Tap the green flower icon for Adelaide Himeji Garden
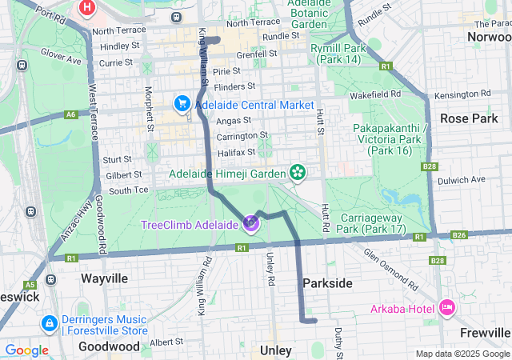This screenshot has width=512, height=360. click(x=298, y=173)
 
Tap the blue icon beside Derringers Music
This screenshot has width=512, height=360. click(x=49, y=323)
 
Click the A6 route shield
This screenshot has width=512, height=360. click(x=71, y=114)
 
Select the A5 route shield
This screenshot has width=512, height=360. click(x=30, y=284)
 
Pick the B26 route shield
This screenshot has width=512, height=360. click(x=458, y=235)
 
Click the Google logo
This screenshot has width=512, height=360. click(x=26, y=350)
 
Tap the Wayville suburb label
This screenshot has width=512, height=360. click(x=105, y=278)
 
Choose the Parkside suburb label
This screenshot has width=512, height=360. click(x=327, y=283)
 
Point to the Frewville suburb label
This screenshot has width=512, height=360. click(x=485, y=332)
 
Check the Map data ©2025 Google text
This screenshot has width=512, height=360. click(x=462, y=354)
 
